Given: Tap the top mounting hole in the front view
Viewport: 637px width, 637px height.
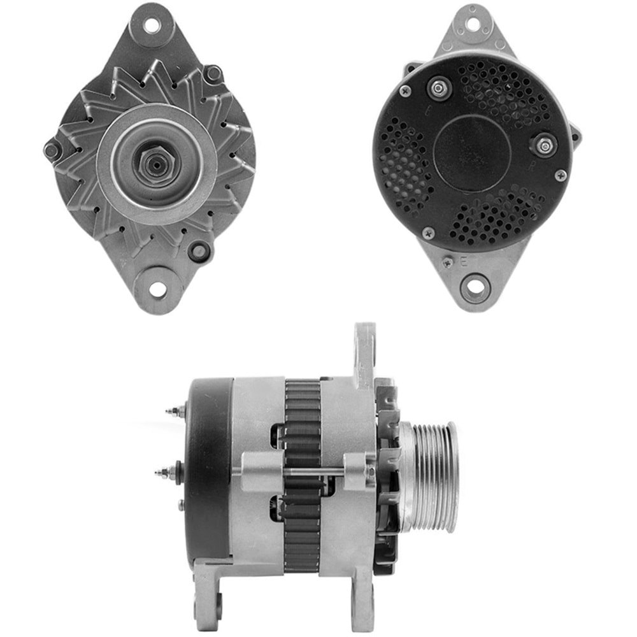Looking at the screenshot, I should pyautogui.click(x=151, y=26).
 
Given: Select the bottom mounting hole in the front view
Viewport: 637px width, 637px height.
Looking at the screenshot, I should pyautogui.click(x=157, y=290).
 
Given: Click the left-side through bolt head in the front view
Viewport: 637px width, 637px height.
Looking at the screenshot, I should pyautogui.click(x=52, y=150).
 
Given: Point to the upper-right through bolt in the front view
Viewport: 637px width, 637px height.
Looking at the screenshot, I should pyautogui.click(x=214, y=73).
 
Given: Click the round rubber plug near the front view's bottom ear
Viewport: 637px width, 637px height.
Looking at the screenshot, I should pyautogui.click(x=199, y=251).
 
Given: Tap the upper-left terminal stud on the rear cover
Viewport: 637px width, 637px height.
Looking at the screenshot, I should pyautogui.click(x=439, y=88).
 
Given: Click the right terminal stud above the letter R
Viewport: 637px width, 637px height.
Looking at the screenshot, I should pyautogui.click(x=545, y=145).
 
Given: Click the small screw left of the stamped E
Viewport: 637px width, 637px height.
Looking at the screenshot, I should pyautogui.click(x=448, y=261).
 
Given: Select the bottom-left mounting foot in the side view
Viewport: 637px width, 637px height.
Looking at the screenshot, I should pyautogui.click(x=210, y=586).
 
